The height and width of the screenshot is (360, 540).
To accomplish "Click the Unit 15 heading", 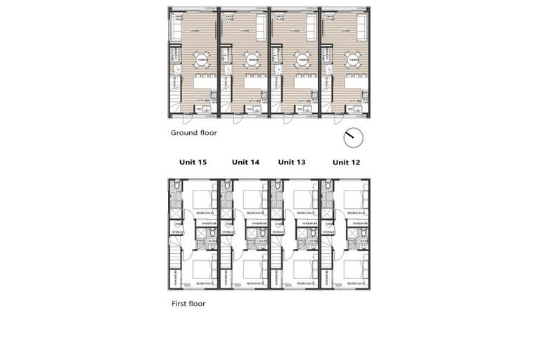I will pyautogui.click(x=193, y=162).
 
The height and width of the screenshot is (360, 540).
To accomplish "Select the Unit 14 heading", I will pyautogui.click(x=245, y=162).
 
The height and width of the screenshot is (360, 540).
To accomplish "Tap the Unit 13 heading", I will pyautogui.click(x=291, y=162).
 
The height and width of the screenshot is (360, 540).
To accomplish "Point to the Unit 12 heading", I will pyautogui.click(x=346, y=162).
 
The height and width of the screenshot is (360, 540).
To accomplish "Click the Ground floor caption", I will pyautogui.click(x=194, y=132).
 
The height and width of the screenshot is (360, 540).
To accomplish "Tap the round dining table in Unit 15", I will pyautogui.click(x=202, y=60).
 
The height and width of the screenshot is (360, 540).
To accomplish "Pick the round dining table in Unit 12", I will pyautogui.click(x=354, y=60).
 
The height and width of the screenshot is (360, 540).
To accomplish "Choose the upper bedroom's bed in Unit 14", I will pyautogui.click(x=254, y=200).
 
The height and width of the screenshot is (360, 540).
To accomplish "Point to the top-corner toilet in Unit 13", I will pyautogui.click(x=278, y=186).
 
